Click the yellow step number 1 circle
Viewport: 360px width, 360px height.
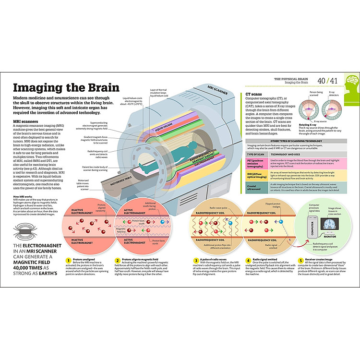click(69, 261)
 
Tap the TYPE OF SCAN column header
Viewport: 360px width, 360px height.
click(255, 155)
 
